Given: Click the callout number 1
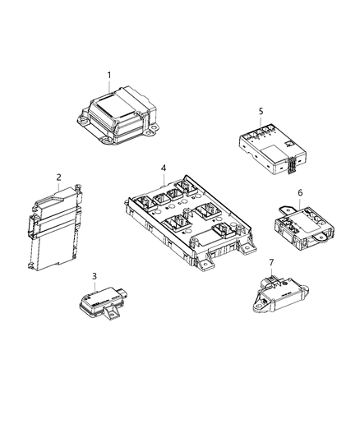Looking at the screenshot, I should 108,75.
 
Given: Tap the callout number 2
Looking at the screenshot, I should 59,176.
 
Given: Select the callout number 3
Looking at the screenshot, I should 95,276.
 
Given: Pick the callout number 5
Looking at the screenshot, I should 261,111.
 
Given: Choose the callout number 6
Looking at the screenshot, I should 300,215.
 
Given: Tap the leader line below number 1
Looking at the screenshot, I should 108,86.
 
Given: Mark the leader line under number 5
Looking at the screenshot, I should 261,121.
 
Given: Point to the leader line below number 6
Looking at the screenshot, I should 300,224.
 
